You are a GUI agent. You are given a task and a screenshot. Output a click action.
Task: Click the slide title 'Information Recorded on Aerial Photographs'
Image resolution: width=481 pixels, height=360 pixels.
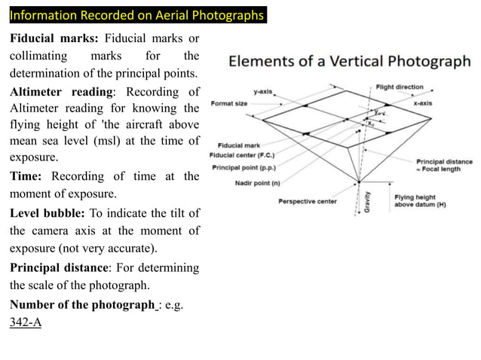[136, 15]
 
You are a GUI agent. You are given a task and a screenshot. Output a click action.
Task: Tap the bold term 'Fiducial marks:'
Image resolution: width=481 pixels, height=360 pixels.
[54, 39]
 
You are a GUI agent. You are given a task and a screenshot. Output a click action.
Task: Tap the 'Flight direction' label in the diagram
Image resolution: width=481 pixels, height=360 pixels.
[400, 87]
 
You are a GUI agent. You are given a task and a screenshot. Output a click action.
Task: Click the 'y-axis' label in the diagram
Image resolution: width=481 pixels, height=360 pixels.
[263, 92]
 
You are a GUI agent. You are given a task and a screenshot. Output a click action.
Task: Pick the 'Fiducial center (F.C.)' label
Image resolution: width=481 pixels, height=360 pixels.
[244, 156]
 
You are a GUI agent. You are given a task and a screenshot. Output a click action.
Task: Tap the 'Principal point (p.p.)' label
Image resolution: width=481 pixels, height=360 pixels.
[246, 167]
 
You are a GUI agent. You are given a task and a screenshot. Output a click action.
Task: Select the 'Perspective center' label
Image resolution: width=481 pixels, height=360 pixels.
[308, 201]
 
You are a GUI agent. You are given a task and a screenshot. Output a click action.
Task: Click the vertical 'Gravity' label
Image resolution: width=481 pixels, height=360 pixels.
[367, 202]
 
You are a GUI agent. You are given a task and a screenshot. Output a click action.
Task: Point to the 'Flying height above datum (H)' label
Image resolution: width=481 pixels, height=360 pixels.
[420, 201]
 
